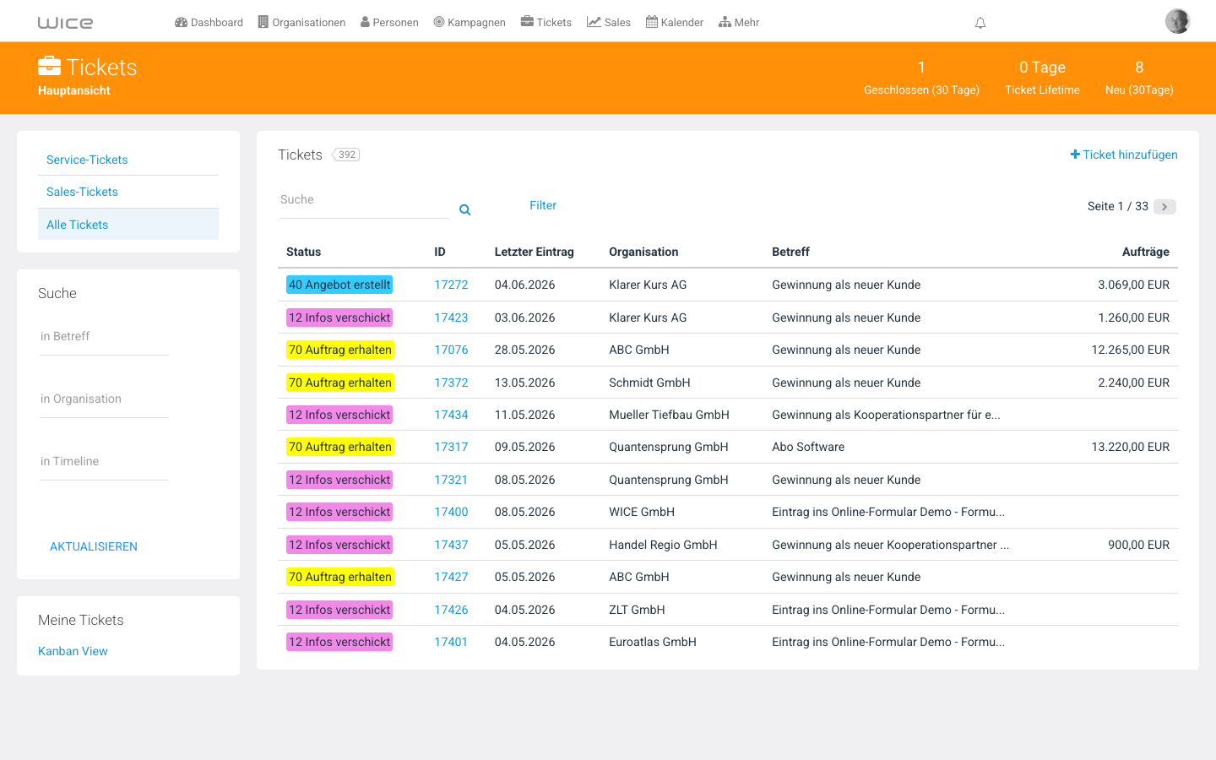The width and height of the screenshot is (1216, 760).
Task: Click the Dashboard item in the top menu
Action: pos(209,22)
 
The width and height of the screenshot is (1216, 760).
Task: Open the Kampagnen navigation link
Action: pos(469,22)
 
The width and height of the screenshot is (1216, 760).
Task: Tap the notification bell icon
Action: pos(980,23)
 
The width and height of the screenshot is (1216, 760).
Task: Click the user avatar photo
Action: pos(1177,22)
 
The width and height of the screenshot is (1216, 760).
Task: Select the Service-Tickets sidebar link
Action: pos(87,160)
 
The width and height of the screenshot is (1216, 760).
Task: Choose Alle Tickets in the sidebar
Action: pos(77,225)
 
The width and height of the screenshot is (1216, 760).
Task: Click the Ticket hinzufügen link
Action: pos(1124,155)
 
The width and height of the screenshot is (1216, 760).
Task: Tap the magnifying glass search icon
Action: pos(464,209)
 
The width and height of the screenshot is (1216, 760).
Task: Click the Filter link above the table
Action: pos(543,205)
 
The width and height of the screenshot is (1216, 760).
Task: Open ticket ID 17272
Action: pos(451,285)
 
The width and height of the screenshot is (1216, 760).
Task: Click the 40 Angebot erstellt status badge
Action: pos(339,285)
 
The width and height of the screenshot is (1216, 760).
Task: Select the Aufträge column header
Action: pos(1145,252)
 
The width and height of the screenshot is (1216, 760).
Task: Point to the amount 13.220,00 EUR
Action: pos(1130,447)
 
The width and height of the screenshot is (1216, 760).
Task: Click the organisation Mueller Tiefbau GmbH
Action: pos(669,415)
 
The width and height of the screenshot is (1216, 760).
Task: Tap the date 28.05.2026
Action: pos(524,350)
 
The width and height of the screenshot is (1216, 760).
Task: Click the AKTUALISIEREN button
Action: pos(94,546)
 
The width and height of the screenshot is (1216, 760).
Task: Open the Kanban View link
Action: pos(73,651)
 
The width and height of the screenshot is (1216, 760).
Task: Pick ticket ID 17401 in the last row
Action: pos(451,642)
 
